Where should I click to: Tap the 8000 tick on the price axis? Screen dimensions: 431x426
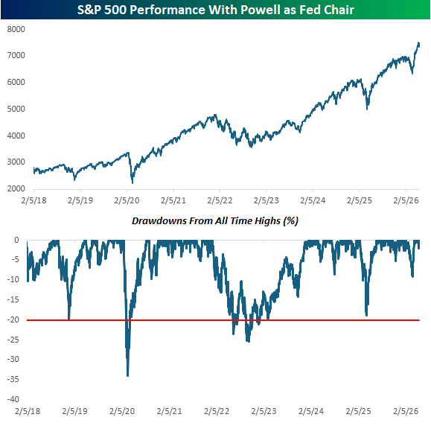click(16, 29)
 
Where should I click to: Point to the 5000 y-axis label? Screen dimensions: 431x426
click(16, 109)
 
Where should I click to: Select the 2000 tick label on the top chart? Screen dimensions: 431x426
click(16, 188)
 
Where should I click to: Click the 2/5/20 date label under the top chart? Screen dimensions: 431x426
click(127, 200)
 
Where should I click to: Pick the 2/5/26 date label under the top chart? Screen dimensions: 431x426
click(406, 200)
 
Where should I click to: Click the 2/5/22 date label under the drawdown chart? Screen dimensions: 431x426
click(217, 411)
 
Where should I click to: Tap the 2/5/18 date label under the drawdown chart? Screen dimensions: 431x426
click(28, 411)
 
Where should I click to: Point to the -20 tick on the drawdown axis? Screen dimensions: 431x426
click(13, 319)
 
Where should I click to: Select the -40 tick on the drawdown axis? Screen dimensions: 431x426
click(13, 399)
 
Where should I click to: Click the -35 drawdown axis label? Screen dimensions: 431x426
click(13, 379)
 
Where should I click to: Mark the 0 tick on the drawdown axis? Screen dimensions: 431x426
click(17, 240)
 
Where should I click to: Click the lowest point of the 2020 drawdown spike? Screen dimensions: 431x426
click(127, 375)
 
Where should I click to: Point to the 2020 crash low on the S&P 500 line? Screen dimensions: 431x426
click(133, 183)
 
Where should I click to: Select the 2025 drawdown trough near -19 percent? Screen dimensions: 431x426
click(366, 316)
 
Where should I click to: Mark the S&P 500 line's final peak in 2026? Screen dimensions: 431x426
click(418, 43)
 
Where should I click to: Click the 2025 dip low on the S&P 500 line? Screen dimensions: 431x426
click(367, 109)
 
